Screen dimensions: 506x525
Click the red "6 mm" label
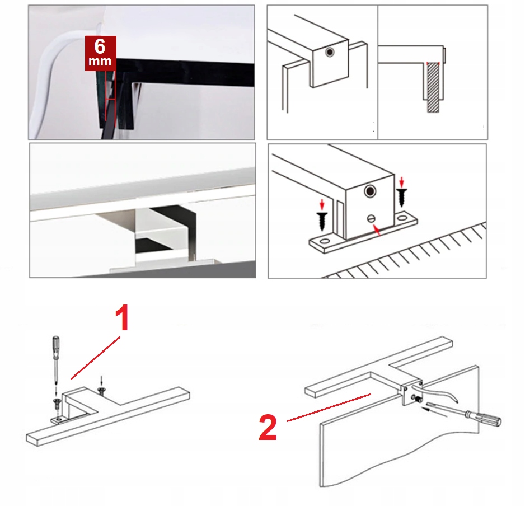pyautogui.click(x=100, y=53)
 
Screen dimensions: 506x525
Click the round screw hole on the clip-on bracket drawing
pyautogui.click(x=330, y=52)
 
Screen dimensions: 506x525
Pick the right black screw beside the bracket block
pyautogui.click(x=401, y=197)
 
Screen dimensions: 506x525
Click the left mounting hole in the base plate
pyautogui.click(x=322, y=242)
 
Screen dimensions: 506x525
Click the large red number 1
pyautogui.click(x=122, y=320)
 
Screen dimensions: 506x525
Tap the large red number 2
pyautogui.click(x=268, y=428)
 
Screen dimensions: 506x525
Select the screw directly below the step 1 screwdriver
pyautogui.click(x=57, y=402)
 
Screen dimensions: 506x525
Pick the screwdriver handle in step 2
pyautogui.click(x=490, y=419)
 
